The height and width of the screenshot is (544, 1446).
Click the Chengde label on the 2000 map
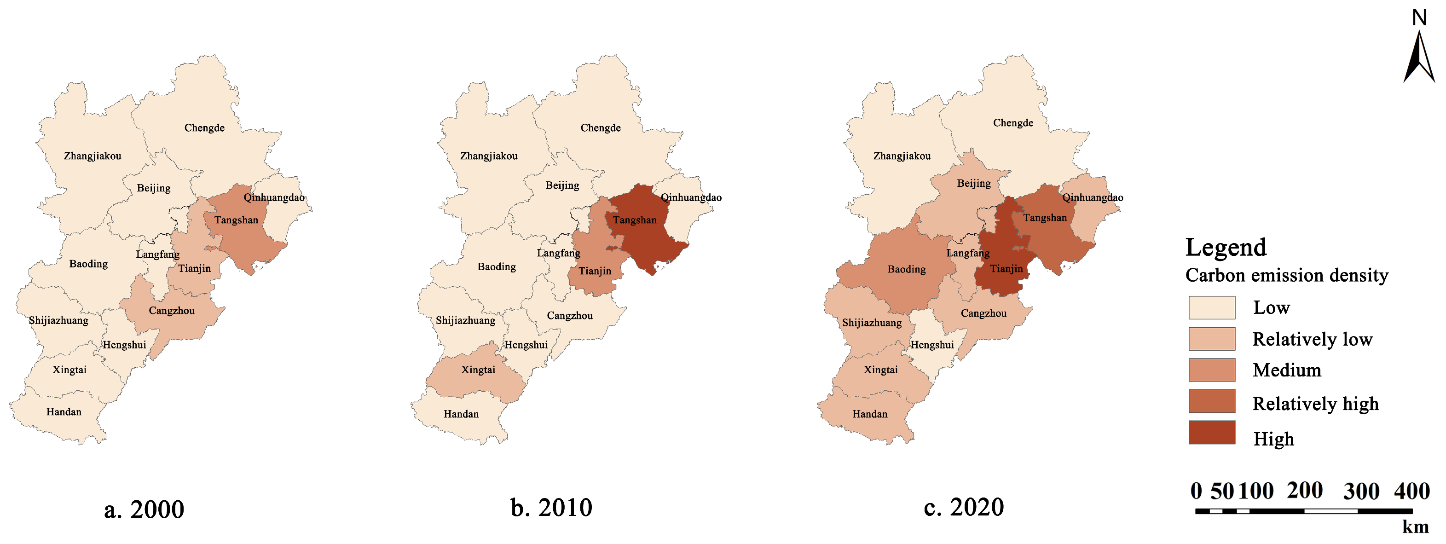pos(204,128)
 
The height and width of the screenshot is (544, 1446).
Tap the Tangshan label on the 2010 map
pos(634,220)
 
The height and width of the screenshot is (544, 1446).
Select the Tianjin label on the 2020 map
pos(1006,269)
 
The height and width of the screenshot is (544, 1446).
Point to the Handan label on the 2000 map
pos(64,412)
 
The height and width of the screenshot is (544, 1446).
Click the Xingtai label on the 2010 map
pos(478,370)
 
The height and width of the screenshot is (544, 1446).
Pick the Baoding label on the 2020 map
pos(907,270)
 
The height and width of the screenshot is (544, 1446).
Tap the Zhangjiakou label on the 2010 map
pos(489,156)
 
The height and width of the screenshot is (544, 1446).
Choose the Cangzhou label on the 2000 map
pos(172,311)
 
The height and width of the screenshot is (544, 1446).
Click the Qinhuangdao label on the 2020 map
pos(1093,197)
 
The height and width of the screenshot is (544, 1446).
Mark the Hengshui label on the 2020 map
pos(932,345)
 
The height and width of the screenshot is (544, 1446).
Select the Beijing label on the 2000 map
pos(154,188)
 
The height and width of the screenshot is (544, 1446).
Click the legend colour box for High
pos(1211,432)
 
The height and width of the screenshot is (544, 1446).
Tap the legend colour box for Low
pos(1211,307)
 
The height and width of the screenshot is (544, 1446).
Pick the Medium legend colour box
pos(1211,370)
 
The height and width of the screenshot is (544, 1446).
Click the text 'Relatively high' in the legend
pos(1315,404)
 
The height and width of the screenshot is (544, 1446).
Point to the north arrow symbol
pos(1418,56)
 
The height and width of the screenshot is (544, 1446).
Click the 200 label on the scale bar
pos(1305,491)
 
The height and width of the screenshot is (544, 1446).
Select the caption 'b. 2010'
pos(551,508)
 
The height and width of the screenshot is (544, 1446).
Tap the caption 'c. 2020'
pos(964,508)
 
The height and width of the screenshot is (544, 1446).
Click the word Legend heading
pos(1226,248)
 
